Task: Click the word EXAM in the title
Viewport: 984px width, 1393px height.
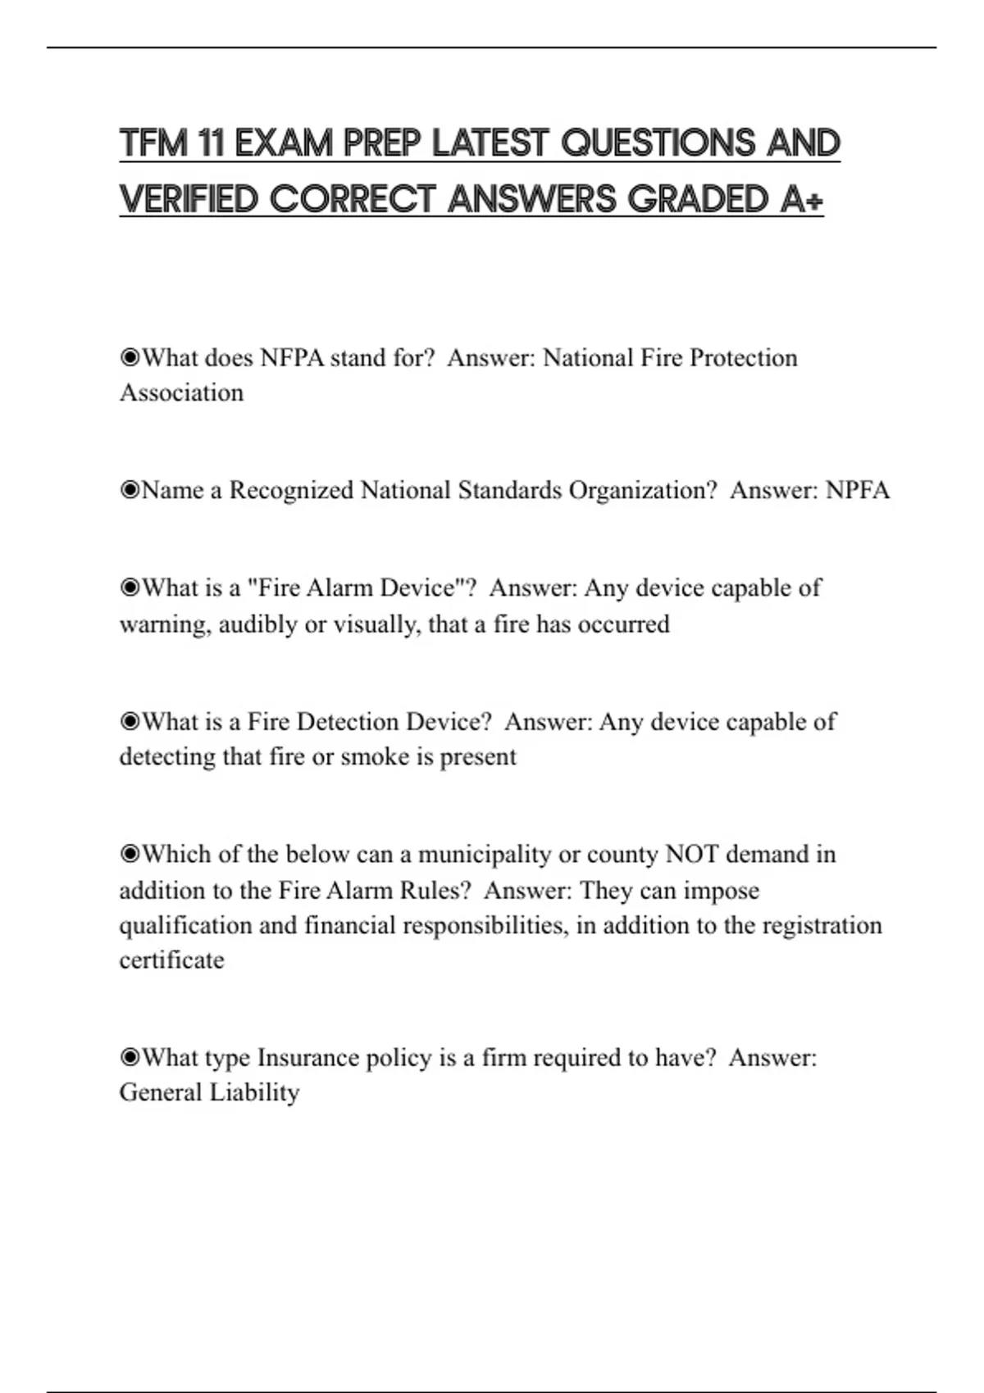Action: (283, 143)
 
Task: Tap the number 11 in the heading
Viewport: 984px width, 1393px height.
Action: (211, 143)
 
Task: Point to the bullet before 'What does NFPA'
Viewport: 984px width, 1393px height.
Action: (130, 357)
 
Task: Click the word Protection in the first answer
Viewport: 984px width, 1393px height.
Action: (743, 357)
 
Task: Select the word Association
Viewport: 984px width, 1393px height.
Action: (181, 392)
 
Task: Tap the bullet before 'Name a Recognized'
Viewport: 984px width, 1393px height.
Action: (130, 490)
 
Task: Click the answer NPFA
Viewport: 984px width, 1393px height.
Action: (857, 490)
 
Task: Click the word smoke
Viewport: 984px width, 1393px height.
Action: (376, 756)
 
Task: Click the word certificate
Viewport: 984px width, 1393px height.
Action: (171, 960)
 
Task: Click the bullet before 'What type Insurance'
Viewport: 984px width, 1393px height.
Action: (130, 1057)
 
